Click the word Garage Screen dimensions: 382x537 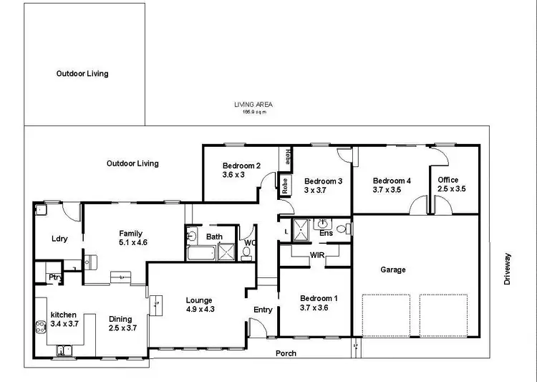(393, 269)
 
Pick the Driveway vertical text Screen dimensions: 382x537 (508, 269)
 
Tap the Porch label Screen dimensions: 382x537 (286, 353)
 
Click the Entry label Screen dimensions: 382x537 (263, 310)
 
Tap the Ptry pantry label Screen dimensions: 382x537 (54, 277)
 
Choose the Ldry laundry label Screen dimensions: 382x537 (59, 239)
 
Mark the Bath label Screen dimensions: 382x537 (214, 237)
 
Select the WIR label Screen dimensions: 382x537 (318, 255)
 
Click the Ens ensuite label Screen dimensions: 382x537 (326, 233)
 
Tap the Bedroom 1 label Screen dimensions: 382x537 (315, 302)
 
